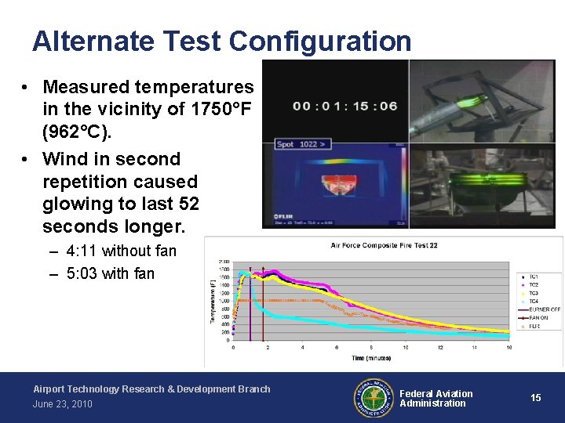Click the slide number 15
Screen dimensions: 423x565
coord(535,398)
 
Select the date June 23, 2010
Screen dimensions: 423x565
coord(63,404)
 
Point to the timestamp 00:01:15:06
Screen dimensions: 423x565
coord(345,106)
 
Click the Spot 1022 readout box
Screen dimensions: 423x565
coord(301,144)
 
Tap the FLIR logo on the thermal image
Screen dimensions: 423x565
coord(284,215)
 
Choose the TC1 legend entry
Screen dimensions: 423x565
coord(534,277)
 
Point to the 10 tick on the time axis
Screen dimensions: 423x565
coord(406,347)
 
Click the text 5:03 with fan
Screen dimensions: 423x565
coord(111,273)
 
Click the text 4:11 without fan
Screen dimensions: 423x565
coord(122,251)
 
